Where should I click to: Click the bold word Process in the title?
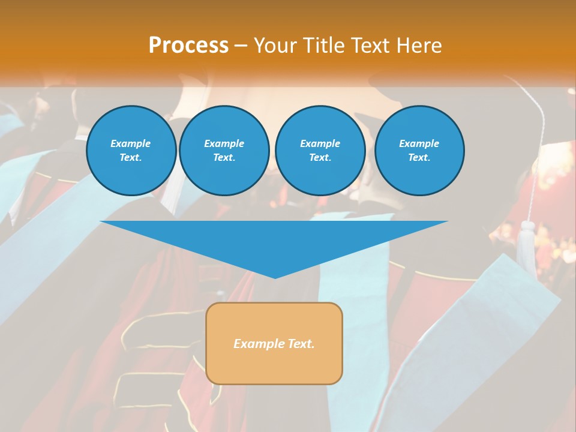[x=188, y=45]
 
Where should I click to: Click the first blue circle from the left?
[x=131, y=150]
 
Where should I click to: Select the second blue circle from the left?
[x=224, y=150]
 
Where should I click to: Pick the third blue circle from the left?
[x=320, y=150]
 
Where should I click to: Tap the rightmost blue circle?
[x=419, y=150]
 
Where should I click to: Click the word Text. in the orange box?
[x=301, y=344]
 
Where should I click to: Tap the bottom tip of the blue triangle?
[x=275, y=277]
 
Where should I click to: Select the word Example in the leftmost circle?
[x=131, y=143]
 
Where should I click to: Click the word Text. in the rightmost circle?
[x=419, y=157]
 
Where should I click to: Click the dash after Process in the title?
[x=241, y=46]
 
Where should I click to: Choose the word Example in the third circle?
[x=320, y=143]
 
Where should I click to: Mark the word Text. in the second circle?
[x=224, y=157]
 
